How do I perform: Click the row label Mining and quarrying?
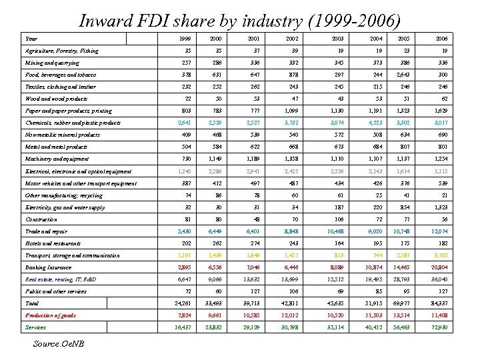click(x=52, y=63)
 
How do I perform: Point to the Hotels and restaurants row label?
click(x=53, y=243)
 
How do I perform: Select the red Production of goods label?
click(x=51, y=315)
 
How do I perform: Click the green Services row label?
click(x=35, y=327)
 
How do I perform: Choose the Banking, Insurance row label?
click(x=48, y=267)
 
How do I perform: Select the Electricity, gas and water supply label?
click(x=65, y=207)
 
